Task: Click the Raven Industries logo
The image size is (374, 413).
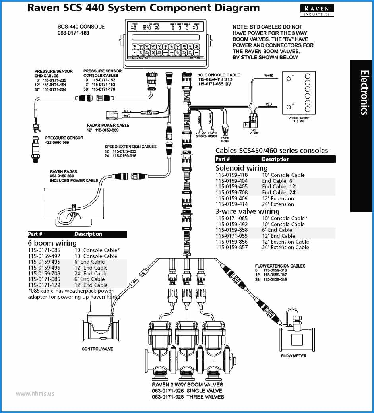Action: (x=317, y=10)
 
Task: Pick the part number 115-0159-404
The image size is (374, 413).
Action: (x=231, y=181)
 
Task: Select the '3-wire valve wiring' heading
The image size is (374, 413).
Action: (x=247, y=211)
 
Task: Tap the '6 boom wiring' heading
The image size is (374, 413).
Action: (x=52, y=243)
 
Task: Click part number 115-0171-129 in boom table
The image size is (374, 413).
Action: (x=44, y=285)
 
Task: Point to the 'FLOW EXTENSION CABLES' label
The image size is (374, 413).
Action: (x=280, y=266)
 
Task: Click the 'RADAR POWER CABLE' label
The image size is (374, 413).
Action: (x=108, y=125)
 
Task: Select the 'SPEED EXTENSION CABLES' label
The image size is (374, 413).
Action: (x=130, y=147)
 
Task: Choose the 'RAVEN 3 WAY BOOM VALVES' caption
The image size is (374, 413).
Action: (x=188, y=385)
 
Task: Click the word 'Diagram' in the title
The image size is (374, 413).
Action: (x=235, y=8)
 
